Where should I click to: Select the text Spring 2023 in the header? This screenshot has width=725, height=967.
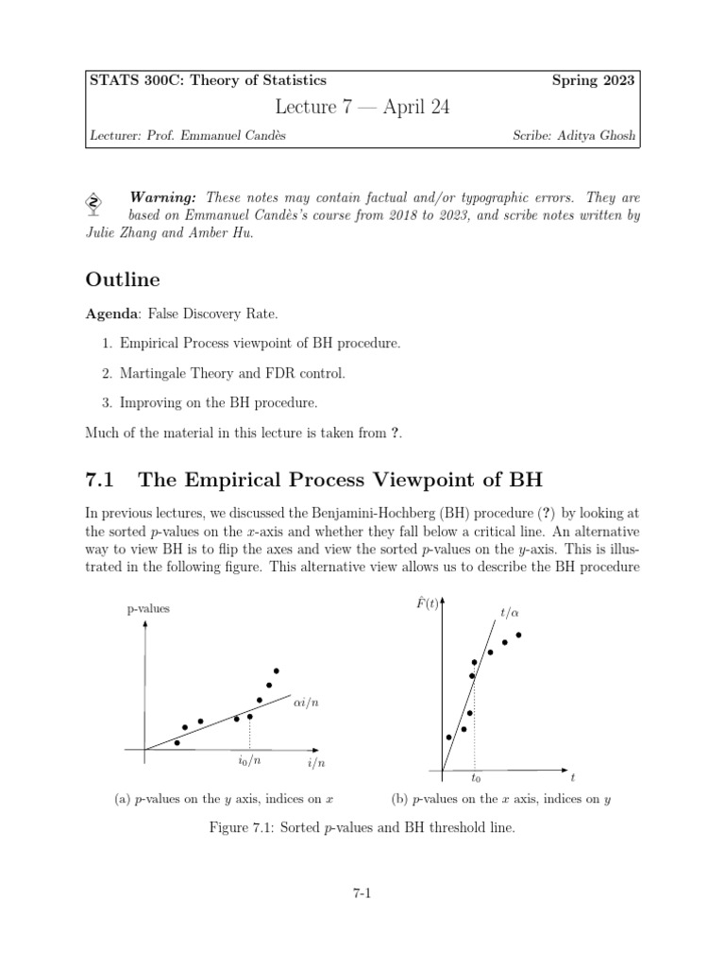point(593,81)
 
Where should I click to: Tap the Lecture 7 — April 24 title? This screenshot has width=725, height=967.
point(362,108)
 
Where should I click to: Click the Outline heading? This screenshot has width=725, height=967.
point(123,280)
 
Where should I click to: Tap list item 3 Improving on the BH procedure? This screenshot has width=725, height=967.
point(228,402)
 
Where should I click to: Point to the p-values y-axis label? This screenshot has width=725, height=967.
point(148,609)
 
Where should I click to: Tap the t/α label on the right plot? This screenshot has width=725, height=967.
point(509,614)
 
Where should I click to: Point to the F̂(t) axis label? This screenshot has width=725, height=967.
point(427,602)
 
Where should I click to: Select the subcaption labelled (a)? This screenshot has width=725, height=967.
point(224,799)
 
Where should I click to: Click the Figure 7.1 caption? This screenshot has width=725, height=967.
point(362,828)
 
